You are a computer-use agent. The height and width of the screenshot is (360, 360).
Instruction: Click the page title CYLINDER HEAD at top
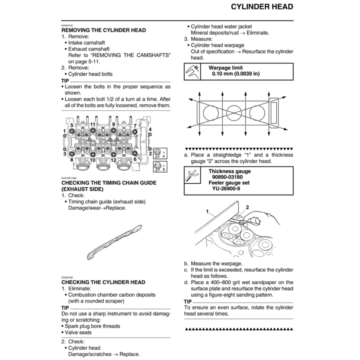point(262,7)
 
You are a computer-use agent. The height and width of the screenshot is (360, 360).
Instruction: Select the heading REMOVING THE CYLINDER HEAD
point(104,30)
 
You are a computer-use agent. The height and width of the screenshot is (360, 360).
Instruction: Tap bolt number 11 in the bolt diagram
point(93,124)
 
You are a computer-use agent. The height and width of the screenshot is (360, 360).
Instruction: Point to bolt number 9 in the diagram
point(114,124)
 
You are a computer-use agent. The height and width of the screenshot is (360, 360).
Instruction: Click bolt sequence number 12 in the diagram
point(114,160)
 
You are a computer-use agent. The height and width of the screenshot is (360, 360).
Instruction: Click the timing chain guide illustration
point(115,242)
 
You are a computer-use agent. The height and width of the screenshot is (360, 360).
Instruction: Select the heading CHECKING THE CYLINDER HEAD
point(103,282)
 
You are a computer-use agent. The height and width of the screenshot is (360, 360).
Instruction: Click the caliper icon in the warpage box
point(192,71)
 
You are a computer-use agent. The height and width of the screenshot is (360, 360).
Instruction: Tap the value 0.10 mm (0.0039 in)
point(236,74)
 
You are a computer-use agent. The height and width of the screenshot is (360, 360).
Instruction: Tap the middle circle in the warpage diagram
point(234,112)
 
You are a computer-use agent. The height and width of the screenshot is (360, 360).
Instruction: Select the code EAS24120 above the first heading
point(67,25)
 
